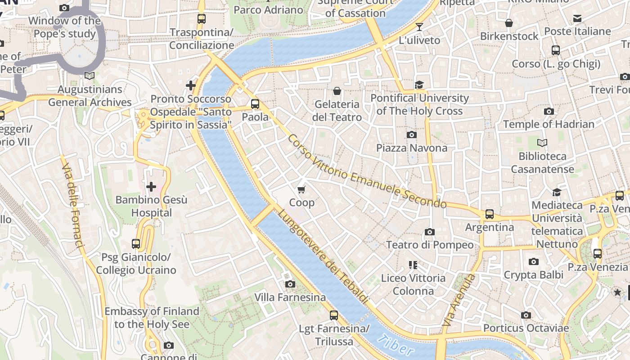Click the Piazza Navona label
[x=412, y=148]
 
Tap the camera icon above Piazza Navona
[x=411, y=135]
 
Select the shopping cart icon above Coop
[x=301, y=189]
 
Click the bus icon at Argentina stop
[x=490, y=214]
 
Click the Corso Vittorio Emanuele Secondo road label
[x=367, y=171]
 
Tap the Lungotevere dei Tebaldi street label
[x=323, y=257]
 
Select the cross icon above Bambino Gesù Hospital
[x=151, y=186]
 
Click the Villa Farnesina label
[x=290, y=297]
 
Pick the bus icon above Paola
[x=255, y=104]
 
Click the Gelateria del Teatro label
[x=337, y=111]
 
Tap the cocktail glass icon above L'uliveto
[x=419, y=27]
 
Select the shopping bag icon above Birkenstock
[x=509, y=23]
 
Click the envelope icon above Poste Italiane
[x=577, y=18]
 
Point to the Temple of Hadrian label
[x=549, y=124]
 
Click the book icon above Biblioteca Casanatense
[x=542, y=143]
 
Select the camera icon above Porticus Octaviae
[x=526, y=315]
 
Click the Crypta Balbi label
[x=533, y=274]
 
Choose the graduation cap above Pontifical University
[x=419, y=85]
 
